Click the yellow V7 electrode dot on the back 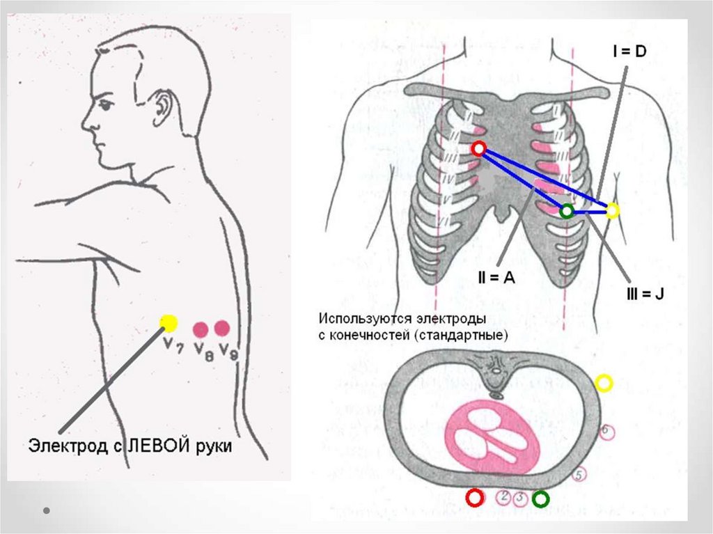[169, 322]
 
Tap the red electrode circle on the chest [478, 148]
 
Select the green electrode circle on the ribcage [567, 210]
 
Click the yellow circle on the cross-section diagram [604, 382]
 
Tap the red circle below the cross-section [475, 498]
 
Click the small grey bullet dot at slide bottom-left [47, 510]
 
